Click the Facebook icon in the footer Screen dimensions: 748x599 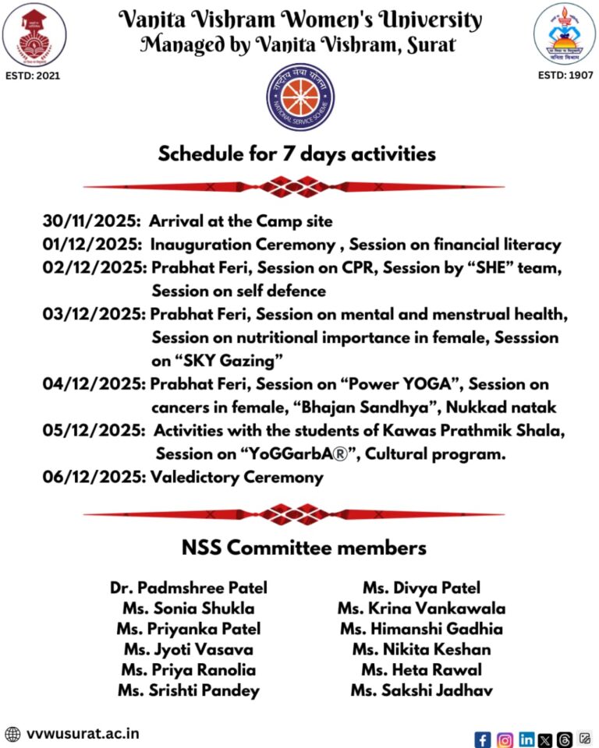[x=483, y=739]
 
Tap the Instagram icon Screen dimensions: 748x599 [x=505, y=739]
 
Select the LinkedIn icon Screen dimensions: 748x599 [x=526, y=739]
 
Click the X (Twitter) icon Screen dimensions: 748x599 [x=545, y=739]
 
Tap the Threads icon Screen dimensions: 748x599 [x=565, y=739]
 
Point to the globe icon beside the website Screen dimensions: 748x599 [x=12, y=734]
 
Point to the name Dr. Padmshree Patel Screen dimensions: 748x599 [x=189, y=588]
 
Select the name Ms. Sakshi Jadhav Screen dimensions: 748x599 [x=421, y=690]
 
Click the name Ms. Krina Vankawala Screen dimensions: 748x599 [x=421, y=609]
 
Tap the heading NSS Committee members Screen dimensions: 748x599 [x=304, y=548]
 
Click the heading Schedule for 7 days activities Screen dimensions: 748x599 [x=297, y=154]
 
